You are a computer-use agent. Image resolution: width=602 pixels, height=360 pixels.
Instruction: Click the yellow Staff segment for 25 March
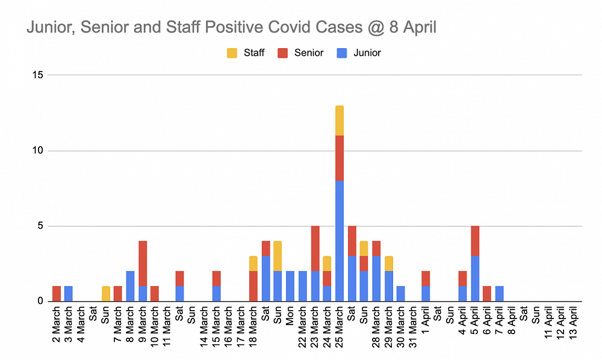pyautogui.click(x=340, y=120)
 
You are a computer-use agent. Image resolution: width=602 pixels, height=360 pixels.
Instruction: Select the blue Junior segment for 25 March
pyautogui.click(x=340, y=241)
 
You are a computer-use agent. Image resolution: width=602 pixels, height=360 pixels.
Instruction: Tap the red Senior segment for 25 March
pyautogui.click(x=340, y=158)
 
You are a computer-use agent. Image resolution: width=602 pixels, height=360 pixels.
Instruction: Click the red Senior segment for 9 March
pyautogui.click(x=142, y=263)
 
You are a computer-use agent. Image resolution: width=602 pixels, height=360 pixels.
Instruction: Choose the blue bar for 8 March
pyautogui.click(x=130, y=286)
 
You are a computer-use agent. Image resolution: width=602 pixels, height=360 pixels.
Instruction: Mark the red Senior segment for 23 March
pyautogui.click(x=315, y=248)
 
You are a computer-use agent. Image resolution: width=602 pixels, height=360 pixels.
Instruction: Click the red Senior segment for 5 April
pyautogui.click(x=476, y=241)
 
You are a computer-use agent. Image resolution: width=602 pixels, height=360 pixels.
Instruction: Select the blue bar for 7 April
pyautogui.click(x=500, y=294)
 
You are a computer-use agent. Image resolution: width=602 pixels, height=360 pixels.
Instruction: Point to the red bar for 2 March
pyautogui.click(x=57, y=294)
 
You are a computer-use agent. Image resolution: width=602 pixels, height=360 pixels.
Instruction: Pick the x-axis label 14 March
pyautogui.click(x=204, y=329)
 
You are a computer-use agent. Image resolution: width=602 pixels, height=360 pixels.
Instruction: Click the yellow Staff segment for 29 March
pyautogui.click(x=389, y=263)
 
